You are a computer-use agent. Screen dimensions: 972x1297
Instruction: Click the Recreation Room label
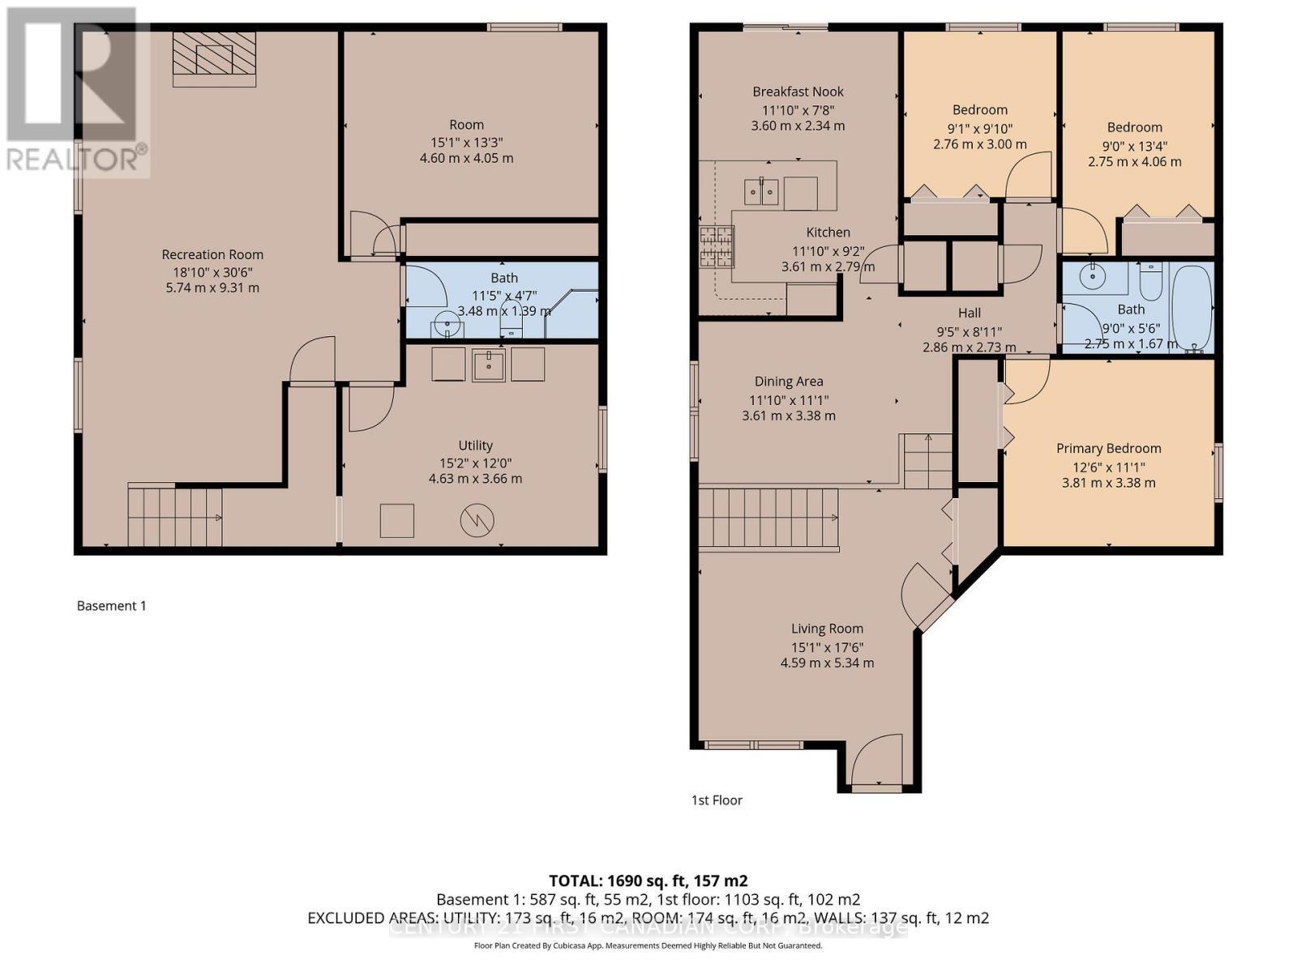[x=212, y=254]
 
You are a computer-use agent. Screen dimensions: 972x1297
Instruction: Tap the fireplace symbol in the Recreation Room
[x=215, y=59]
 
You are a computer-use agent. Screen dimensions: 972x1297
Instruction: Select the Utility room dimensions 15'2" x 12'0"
[x=475, y=463]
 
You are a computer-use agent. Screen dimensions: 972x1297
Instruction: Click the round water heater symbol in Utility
[x=477, y=520]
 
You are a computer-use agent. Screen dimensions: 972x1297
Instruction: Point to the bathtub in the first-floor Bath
[x=1191, y=308]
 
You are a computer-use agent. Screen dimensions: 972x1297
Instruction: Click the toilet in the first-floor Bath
[x=1150, y=281]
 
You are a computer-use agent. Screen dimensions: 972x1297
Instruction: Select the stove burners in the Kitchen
[x=717, y=247]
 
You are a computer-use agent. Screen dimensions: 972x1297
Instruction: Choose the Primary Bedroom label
[x=1108, y=448]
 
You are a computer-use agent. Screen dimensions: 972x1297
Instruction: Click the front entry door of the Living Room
[x=877, y=761]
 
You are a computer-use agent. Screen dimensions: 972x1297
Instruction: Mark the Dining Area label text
[x=789, y=381]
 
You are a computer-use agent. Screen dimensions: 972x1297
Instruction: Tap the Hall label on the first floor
[x=970, y=313]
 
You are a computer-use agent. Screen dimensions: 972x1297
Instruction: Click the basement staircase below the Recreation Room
[x=174, y=517]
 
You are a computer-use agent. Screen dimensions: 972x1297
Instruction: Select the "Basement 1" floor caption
[x=112, y=605]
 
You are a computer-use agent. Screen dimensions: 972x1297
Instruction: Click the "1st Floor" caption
[x=717, y=799]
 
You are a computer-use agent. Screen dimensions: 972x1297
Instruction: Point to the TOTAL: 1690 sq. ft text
[x=648, y=880]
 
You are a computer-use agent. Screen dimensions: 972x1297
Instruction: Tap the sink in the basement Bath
[x=446, y=326]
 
